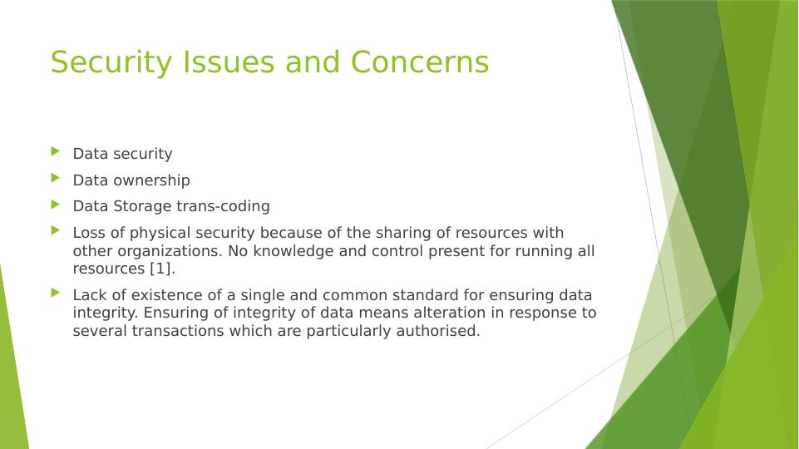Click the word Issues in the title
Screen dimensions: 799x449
point(229,62)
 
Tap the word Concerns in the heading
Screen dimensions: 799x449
point(420,62)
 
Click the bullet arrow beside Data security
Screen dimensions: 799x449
point(56,151)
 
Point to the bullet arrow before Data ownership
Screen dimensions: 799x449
point(56,178)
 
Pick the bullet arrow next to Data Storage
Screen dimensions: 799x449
point(56,205)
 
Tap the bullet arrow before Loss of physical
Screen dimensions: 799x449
point(56,231)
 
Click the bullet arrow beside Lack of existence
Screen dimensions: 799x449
point(56,293)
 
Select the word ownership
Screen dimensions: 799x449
point(152,181)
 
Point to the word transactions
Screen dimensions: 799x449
point(178,331)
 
